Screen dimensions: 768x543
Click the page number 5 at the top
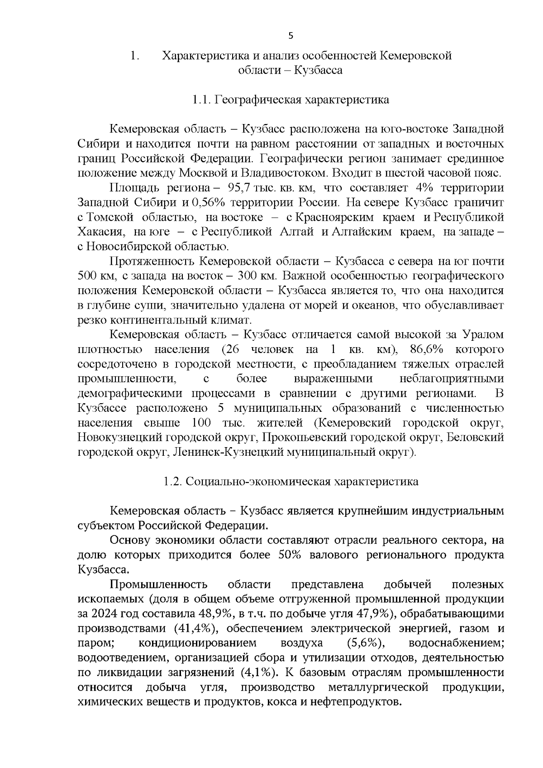tap(291, 36)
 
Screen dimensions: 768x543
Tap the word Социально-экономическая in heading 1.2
tap(258, 482)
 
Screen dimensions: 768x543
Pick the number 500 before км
tap(87, 276)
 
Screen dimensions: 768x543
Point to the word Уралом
tap(483, 335)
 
